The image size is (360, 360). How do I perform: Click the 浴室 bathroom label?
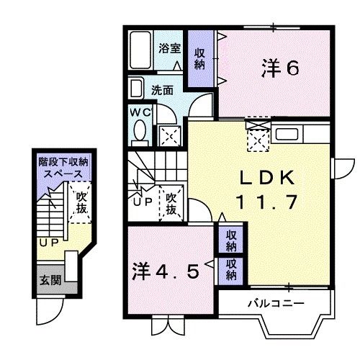tap(170, 50)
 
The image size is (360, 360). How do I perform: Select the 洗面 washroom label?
tap(162, 91)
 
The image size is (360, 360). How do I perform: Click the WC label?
tap(141, 113)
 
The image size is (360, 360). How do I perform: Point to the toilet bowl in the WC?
tap(140, 132)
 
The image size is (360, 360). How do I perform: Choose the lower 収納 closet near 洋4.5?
tap(230, 270)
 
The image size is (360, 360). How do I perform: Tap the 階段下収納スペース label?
tap(62, 168)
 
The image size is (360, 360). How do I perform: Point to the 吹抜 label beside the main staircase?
tap(171, 201)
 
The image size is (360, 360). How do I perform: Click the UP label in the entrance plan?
tap(48, 242)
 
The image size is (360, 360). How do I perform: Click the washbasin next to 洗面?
tap(137, 89)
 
